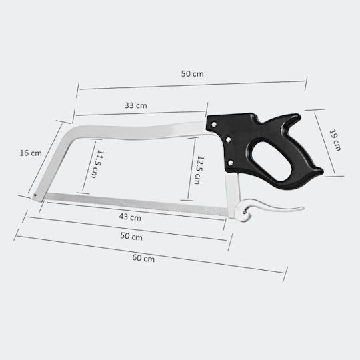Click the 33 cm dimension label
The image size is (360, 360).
[136, 105]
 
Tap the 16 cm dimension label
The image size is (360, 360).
[31, 153]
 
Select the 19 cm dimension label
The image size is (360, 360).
[335, 140]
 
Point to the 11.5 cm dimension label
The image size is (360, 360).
[97, 164]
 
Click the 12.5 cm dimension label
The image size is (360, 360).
[199, 170]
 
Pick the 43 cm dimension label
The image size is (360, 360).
[130, 217]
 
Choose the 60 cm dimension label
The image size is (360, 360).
[143, 258]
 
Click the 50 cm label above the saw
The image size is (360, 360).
[193, 74]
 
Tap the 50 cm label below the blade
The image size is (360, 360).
[131, 236]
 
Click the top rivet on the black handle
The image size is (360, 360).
[214, 125]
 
